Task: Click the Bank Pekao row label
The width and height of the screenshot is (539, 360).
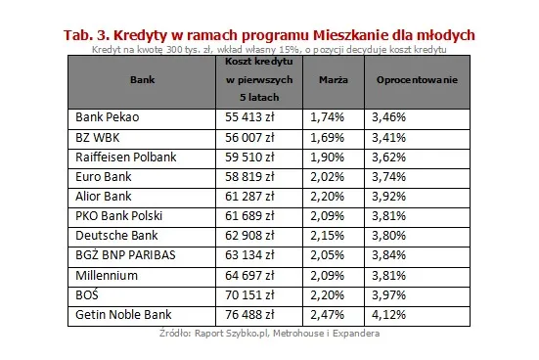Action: click(x=109, y=116)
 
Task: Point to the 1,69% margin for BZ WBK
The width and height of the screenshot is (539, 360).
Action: click(x=328, y=136)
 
